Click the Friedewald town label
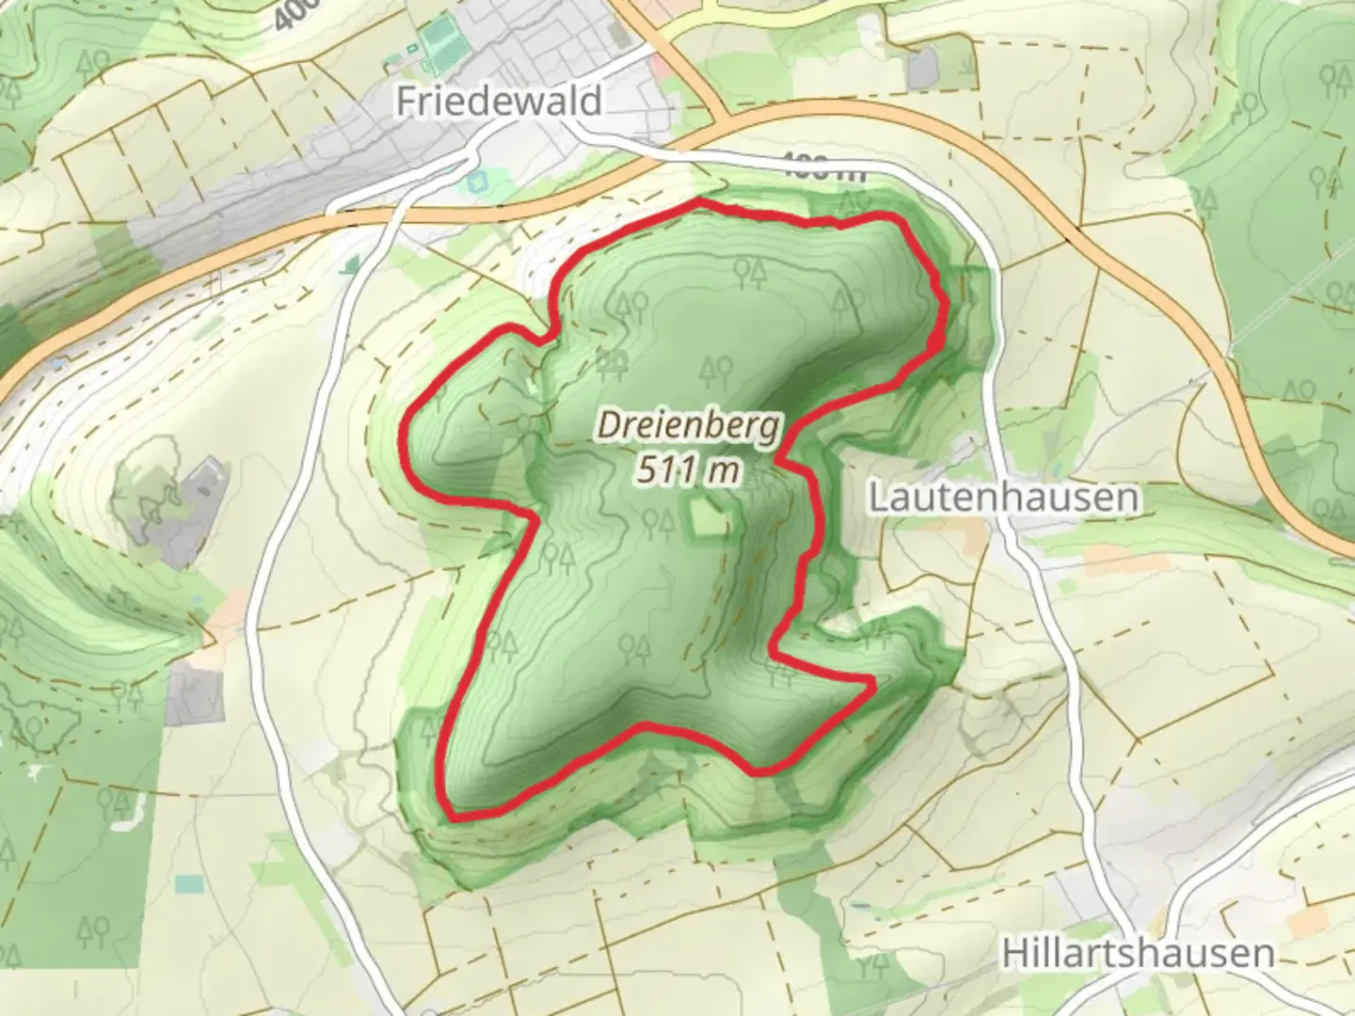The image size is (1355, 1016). (498, 101)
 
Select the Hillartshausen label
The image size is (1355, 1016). (1138, 953)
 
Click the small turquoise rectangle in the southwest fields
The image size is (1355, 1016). (189, 883)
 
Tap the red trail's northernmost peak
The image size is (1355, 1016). (698, 201)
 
